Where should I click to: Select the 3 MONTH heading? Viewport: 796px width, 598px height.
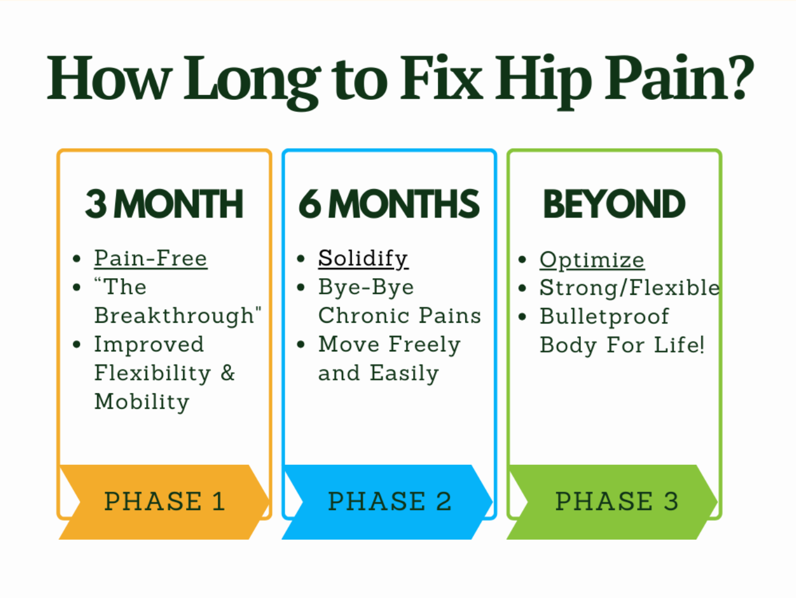(164, 204)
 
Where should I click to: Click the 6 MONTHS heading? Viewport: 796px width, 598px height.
(389, 204)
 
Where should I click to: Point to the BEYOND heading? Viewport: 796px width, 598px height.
(614, 204)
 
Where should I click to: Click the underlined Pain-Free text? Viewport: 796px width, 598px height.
(150, 259)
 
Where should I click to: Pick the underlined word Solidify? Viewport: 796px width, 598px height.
(363, 259)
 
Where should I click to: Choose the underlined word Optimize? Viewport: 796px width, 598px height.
(592, 260)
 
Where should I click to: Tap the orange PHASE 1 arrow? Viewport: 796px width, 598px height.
(164, 502)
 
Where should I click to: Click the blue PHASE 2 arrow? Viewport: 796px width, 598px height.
(389, 502)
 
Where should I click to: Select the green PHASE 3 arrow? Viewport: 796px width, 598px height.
(615, 502)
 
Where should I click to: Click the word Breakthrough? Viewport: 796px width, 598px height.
(174, 316)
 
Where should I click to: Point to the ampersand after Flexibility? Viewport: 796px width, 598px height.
(228, 373)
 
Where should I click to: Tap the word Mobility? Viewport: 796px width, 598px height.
(141, 402)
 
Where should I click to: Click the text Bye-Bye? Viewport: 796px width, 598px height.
(366, 287)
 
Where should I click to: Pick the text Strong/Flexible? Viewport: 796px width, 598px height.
(629, 288)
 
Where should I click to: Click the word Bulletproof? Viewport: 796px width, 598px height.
(604, 316)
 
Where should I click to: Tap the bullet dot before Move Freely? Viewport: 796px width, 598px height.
(301, 345)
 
